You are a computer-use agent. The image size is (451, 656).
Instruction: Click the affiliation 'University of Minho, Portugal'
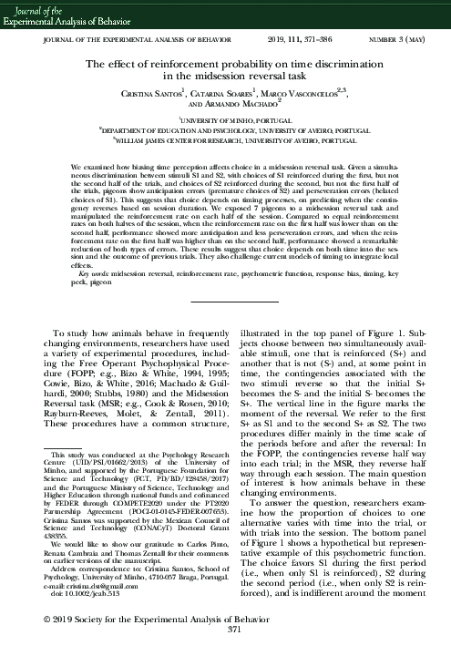point(226,119)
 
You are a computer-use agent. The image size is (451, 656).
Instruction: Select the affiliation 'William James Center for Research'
point(225,141)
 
